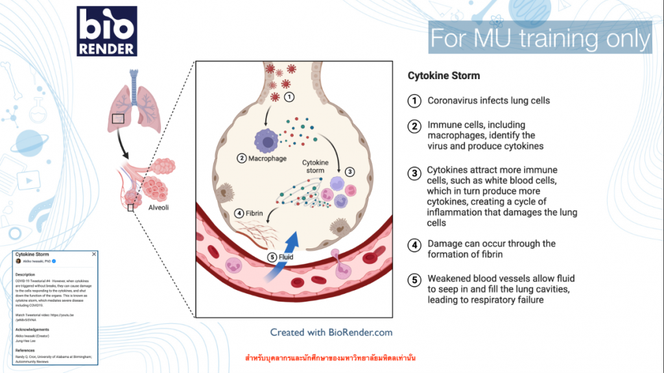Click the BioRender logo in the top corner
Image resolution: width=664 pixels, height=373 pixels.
(106, 30)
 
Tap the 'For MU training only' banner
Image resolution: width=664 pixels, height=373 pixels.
(539, 38)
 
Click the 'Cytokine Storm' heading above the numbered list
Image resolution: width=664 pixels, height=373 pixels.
(444, 76)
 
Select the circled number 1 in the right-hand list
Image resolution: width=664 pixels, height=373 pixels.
(414, 101)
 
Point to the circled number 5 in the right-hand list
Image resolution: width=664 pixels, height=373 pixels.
(414, 280)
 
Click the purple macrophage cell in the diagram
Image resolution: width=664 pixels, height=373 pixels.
(267, 140)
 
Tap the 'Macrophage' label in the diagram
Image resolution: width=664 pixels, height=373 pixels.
(263, 158)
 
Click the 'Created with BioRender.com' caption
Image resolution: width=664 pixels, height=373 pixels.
(331, 332)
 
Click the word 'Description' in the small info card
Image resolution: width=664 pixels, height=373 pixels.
(25, 274)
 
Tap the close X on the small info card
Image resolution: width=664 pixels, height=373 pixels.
(94, 254)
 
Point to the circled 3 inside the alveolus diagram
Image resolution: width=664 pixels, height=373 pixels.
(350, 172)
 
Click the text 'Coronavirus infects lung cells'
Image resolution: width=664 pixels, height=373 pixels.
(488, 101)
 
